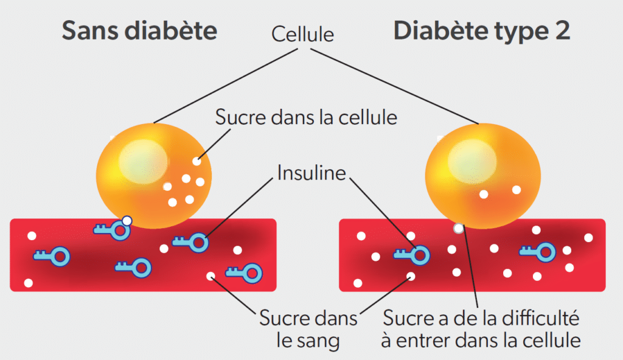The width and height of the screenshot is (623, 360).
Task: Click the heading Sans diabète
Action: [139, 30]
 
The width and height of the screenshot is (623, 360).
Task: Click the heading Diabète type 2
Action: [481, 30]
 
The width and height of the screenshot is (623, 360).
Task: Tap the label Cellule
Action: [302, 33]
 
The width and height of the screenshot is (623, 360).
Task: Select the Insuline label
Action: [311, 173]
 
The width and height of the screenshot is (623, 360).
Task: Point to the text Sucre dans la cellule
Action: [306, 117]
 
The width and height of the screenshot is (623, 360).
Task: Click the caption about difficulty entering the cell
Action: [481, 329]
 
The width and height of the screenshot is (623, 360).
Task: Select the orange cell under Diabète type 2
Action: [482, 176]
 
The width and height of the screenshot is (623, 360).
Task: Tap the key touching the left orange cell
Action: [113, 229]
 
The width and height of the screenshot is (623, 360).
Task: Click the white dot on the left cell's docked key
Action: [127, 221]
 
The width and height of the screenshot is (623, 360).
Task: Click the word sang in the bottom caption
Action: [316, 341]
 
